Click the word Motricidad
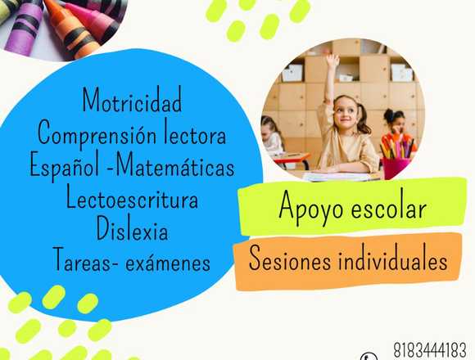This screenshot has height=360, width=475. tap(132, 100)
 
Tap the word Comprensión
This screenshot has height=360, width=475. tap(97, 133)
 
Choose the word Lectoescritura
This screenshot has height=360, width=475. tap(132, 196)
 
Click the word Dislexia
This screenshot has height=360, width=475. tap(132, 228)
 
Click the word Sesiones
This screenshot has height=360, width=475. tap(290, 258)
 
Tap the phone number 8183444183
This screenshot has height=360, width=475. tap(430, 350)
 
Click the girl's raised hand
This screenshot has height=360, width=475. tap(332, 61)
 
